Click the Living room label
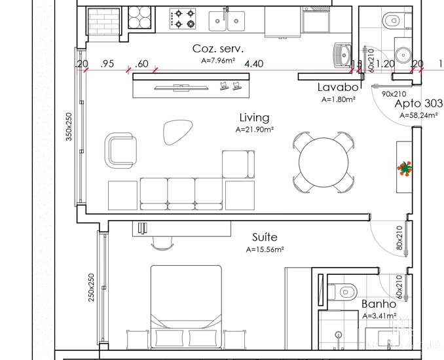point(254,118)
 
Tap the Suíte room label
point(265,237)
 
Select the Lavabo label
point(338,87)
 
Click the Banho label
point(379,304)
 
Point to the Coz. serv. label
point(218,48)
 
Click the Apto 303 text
point(418,103)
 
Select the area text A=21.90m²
point(254,130)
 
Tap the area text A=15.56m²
point(265,249)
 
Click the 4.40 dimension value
point(253,64)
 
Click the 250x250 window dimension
point(92,287)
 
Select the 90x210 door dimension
point(394,94)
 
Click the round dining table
point(324,162)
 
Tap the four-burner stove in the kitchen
point(183,20)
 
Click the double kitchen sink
point(227,21)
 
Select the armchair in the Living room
point(122,150)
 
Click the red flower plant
point(405,169)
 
